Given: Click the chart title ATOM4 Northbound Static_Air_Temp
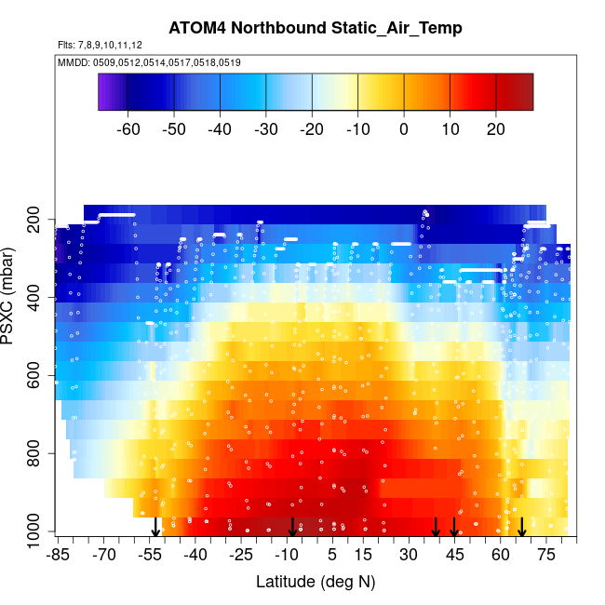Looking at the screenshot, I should tap(315, 28).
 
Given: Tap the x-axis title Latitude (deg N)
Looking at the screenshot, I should tap(315, 582).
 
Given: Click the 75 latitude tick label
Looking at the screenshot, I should tap(546, 556).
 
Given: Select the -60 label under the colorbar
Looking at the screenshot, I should tap(128, 128).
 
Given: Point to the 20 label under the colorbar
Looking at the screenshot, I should tap(496, 128).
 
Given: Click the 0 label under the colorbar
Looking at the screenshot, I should tap(404, 128).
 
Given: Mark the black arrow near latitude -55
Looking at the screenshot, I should tap(155, 527).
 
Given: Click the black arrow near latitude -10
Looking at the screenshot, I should tap(292, 527).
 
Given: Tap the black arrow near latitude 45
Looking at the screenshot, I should tap(454, 527).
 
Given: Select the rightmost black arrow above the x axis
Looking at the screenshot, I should tap(522, 527).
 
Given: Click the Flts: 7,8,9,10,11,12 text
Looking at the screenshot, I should tap(100, 45).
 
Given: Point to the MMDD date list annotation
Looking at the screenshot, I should tap(149, 62).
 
